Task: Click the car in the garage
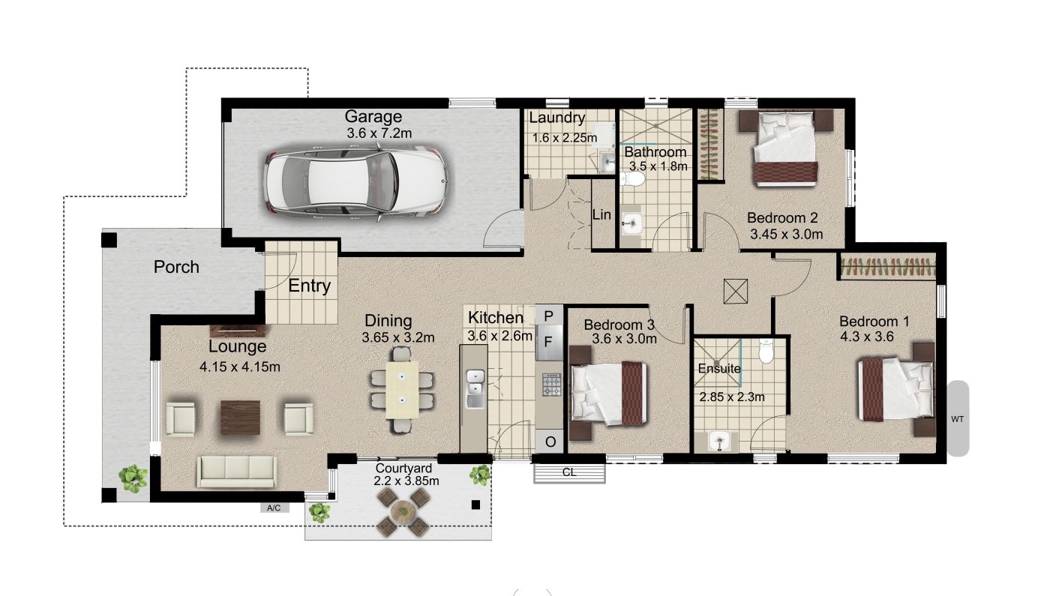click(x=355, y=183)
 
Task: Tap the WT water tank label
click(x=957, y=419)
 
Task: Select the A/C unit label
click(x=274, y=508)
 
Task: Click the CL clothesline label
click(x=568, y=473)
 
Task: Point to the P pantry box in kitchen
click(x=548, y=315)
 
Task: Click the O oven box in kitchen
click(x=549, y=442)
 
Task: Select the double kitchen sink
click(x=475, y=388)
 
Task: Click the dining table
click(x=402, y=391)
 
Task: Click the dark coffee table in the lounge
click(x=240, y=418)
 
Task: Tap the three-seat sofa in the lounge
click(x=235, y=471)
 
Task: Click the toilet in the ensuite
click(x=766, y=352)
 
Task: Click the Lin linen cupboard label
click(x=601, y=214)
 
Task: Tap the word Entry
click(x=310, y=286)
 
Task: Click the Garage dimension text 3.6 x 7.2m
click(x=379, y=133)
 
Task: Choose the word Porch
click(x=176, y=267)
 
